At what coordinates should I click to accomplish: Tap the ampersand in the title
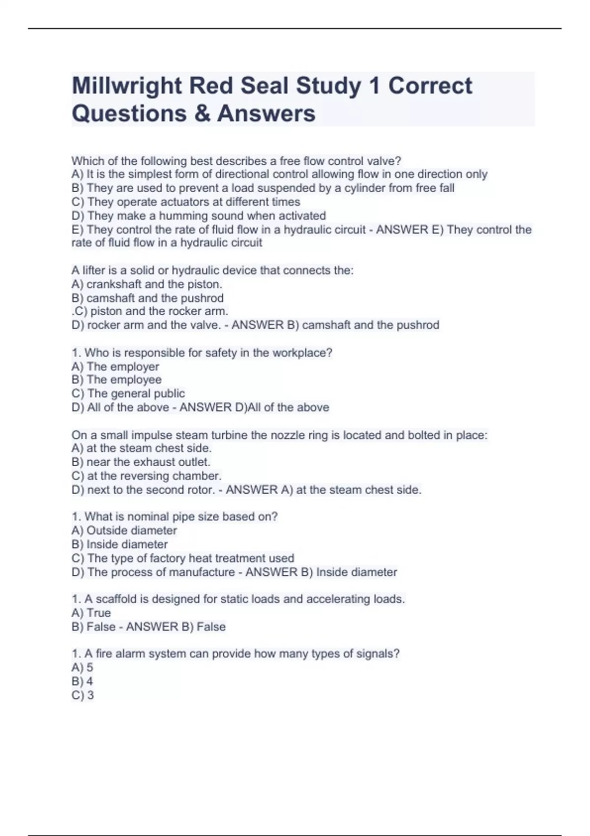click(x=202, y=114)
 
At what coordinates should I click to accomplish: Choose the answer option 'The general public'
click(x=128, y=393)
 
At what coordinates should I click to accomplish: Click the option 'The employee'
click(x=117, y=380)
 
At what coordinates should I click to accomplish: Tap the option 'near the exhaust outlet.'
click(x=141, y=462)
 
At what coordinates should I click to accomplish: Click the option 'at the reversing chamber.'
click(x=147, y=476)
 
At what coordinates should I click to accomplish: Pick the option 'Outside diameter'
click(x=124, y=531)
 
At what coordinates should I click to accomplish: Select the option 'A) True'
click(x=91, y=613)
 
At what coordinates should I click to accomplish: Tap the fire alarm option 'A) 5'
click(x=82, y=667)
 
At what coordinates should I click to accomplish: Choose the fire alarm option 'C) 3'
click(x=83, y=695)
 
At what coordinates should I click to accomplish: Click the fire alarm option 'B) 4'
click(x=82, y=682)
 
